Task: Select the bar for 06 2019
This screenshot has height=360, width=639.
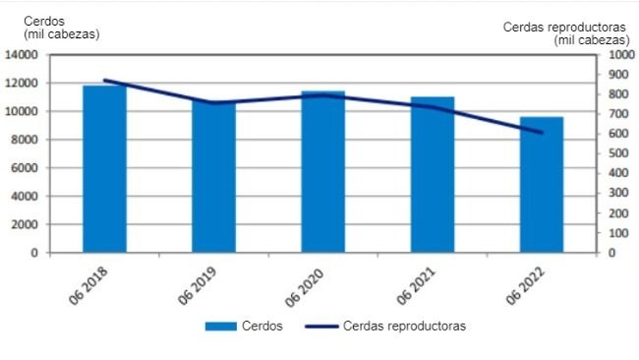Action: (x=213, y=177)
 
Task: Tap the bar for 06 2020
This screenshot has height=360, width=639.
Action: (x=322, y=172)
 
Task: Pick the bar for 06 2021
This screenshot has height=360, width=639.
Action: (x=433, y=175)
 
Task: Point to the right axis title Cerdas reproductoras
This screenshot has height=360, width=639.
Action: (x=564, y=28)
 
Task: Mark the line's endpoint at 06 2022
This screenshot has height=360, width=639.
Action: (x=542, y=133)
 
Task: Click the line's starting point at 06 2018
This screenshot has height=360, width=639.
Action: (x=104, y=81)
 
